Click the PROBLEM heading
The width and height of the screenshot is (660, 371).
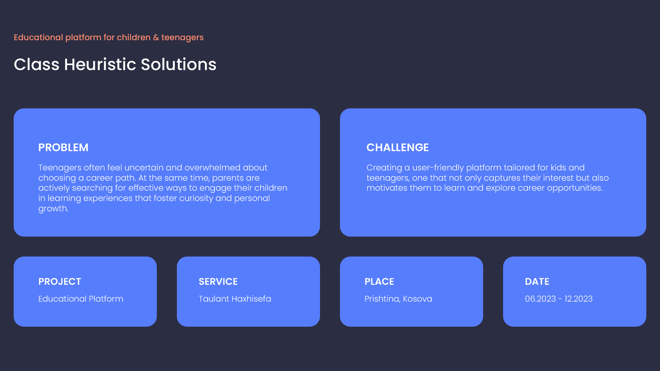[63, 147]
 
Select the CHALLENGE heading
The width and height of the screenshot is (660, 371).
[397, 147]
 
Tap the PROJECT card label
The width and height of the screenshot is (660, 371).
[60, 281]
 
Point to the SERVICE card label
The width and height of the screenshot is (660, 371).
[218, 281]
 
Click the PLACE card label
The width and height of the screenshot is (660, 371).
[379, 281]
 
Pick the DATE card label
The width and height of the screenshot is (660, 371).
[537, 281]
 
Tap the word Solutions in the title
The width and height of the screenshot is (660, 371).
[179, 64]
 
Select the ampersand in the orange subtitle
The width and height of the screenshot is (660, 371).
[156, 37]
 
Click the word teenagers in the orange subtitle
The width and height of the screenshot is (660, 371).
[183, 38]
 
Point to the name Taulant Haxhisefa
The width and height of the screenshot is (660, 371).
[235, 299]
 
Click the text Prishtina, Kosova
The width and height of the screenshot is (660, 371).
[398, 299]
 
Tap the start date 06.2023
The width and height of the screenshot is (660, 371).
[540, 299]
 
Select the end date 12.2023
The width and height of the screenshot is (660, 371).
[579, 299]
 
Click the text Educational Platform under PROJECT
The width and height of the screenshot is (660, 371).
[81, 299]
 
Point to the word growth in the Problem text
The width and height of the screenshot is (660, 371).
[53, 209]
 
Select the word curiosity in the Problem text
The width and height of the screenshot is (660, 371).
[196, 199]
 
